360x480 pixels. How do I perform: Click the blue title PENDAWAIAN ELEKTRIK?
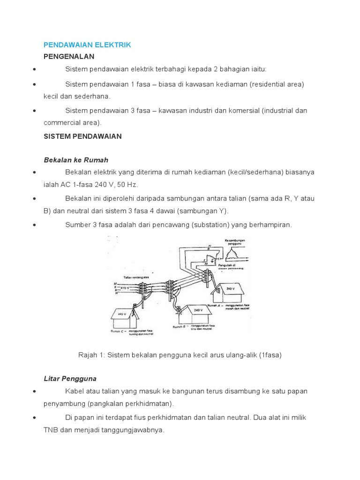pos(87,45)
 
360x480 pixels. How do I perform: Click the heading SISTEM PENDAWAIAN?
pos(82,136)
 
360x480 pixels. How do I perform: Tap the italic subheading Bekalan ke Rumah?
pos(75,160)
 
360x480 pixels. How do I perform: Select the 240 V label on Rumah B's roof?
pos(197,310)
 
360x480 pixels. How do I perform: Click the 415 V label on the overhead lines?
pos(125,287)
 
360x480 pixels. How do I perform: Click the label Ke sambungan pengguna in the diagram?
pos(235,242)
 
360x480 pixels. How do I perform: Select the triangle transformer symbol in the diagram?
pos(236,254)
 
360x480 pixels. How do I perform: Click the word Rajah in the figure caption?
pos(88,355)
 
